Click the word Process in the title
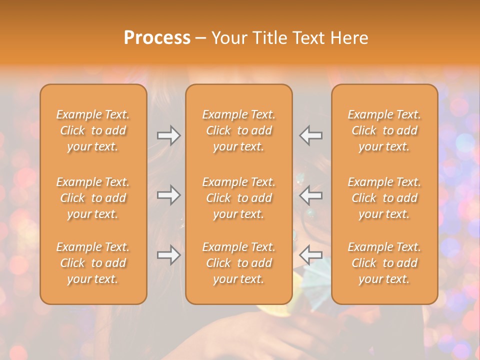pos(157,38)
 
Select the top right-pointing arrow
pos(168,135)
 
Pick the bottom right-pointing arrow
pos(168,255)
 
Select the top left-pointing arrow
pos(311,135)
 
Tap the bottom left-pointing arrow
pos(311,255)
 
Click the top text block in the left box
pos(93,130)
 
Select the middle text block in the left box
pos(93,198)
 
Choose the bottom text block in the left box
pos(93,263)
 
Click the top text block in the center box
pos(238,130)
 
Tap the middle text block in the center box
pos(238,198)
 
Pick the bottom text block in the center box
pos(238,263)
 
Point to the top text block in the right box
pos(384,130)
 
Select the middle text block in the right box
pos(384,198)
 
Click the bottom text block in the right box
pos(384,263)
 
